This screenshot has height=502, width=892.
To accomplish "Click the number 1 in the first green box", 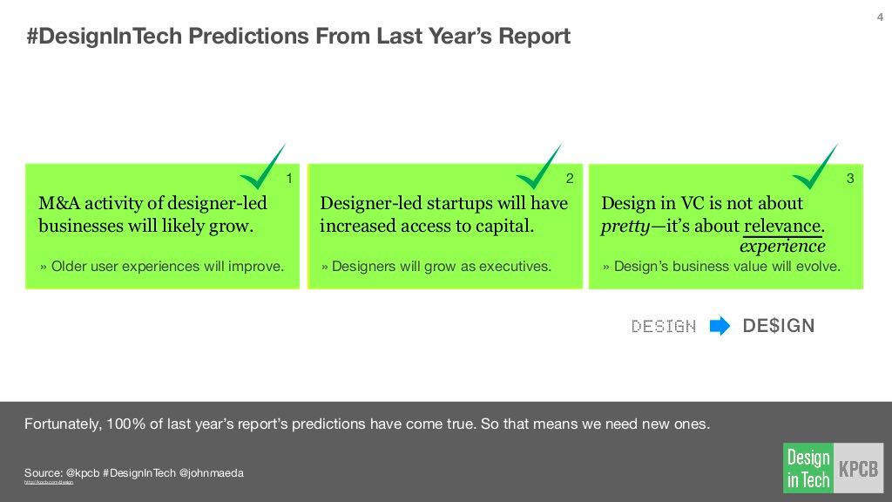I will pyautogui.click(x=289, y=179).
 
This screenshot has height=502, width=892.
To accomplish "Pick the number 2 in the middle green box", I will pyautogui.click(x=570, y=179).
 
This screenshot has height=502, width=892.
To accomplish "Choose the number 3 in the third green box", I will pyautogui.click(x=851, y=179).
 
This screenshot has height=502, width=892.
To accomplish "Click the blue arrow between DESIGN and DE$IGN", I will pyautogui.click(x=720, y=327).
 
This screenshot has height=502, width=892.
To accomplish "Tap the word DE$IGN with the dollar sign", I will pyautogui.click(x=779, y=327).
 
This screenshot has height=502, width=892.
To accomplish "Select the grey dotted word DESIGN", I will pyautogui.click(x=664, y=327).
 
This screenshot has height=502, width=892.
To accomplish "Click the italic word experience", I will pyautogui.click(x=782, y=247).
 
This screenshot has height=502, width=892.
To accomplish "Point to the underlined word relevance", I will pyautogui.click(x=783, y=227).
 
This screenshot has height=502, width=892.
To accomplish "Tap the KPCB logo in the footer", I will pyautogui.click(x=859, y=469).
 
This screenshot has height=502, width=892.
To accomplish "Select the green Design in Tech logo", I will pyautogui.click(x=808, y=469).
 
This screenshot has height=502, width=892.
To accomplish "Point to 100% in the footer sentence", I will pyautogui.click(x=125, y=425).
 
